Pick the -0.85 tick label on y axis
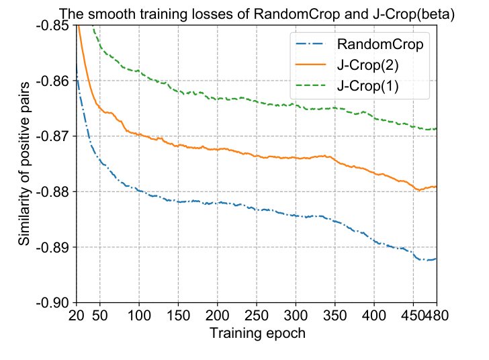(52, 26)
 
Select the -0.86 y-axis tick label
(52, 81)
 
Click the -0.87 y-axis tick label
(52, 136)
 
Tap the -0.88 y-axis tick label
(52, 192)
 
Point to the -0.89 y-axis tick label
(52, 248)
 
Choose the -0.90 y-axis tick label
(52, 303)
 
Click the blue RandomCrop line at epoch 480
(436, 259)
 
